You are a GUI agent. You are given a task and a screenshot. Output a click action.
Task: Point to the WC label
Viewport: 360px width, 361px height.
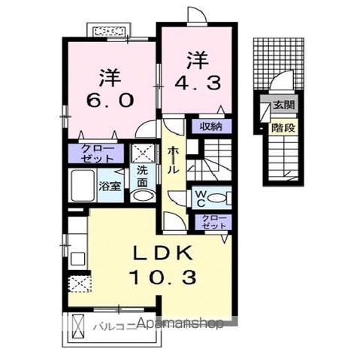coord(199,199)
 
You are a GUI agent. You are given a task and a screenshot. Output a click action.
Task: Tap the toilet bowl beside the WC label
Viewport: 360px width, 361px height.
coord(218,199)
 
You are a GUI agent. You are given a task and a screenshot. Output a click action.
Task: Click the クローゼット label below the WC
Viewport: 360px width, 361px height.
coord(212,222)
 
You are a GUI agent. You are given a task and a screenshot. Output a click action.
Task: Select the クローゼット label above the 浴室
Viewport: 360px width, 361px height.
coord(98,153)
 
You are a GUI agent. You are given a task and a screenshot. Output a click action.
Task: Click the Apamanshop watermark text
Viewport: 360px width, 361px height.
coord(180,325)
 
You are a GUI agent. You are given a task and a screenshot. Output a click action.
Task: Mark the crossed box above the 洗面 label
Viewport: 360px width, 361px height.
coord(142,153)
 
